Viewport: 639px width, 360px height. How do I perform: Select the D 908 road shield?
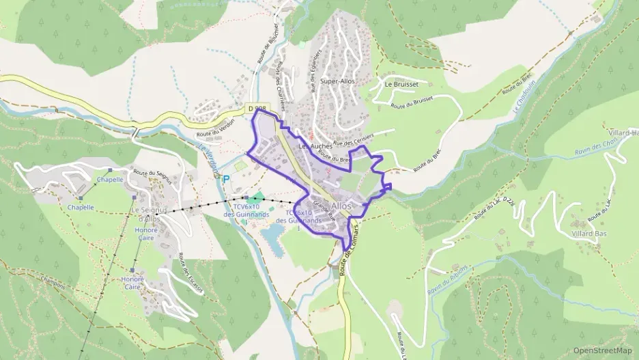click(257, 109)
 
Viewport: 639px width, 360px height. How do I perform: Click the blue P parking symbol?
click(227, 180)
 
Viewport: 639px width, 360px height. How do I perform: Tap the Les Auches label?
click(315, 146)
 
